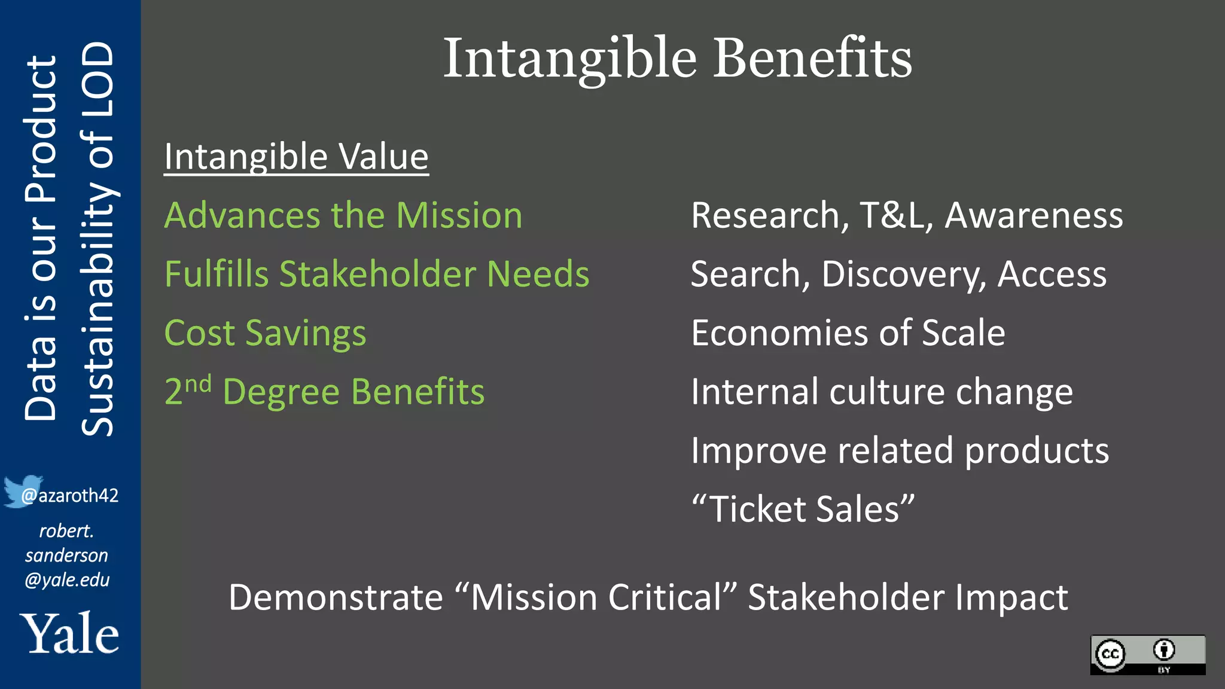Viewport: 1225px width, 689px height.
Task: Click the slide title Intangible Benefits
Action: pyautogui.click(x=677, y=58)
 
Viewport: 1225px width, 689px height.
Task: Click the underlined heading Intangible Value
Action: pyautogui.click(x=296, y=157)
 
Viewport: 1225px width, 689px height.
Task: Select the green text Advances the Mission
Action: pyautogui.click(x=343, y=215)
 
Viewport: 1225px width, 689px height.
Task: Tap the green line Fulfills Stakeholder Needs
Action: pyautogui.click(x=377, y=274)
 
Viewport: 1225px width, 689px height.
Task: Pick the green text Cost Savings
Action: pyautogui.click(x=265, y=333)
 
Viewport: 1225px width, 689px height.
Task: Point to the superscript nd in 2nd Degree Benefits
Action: pyautogui.click(x=198, y=384)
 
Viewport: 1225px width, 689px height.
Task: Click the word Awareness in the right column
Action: pyautogui.click(x=1034, y=215)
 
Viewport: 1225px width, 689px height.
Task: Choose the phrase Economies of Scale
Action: pyautogui.click(x=848, y=333)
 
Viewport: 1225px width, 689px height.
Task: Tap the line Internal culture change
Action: pyautogui.click(x=882, y=392)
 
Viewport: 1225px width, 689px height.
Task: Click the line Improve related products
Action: pyautogui.click(x=900, y=450)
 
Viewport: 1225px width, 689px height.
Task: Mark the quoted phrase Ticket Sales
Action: pyautogui.click(x=803, y=509)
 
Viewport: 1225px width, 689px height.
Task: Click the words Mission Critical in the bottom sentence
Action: pyautogui.click(x=596, y=597)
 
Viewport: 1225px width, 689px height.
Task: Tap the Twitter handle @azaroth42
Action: pyautogui.click(x=70, y=496)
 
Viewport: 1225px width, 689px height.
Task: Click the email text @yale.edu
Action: pyautogui.click(x=67, y=580)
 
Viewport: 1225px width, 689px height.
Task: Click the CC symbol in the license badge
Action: pyautogui.click(x=1111, y=654)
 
